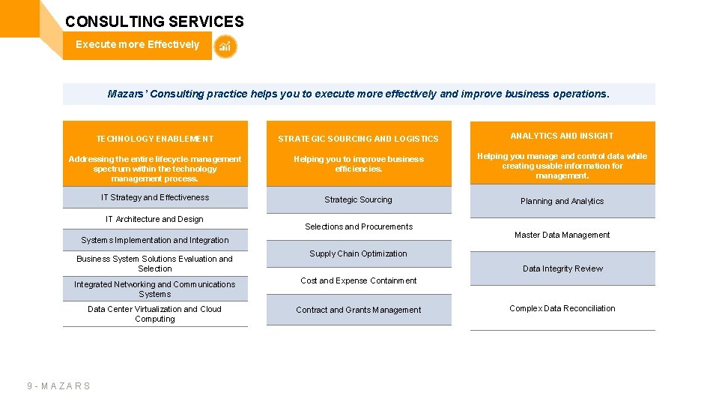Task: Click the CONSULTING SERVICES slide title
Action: click(x=154, y=22)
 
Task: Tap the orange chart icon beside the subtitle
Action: click(x=225, y=46)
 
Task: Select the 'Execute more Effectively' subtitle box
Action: click(x=137, y=45)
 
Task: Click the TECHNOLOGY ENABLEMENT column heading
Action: click(x=155, y=139)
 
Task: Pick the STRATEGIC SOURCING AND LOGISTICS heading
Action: click(x=358, y=139)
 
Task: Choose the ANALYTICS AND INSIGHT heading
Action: click(x=562, y=136)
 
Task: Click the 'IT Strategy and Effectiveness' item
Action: click(x=155, y=197)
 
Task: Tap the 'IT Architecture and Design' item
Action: click(x=154, y=219)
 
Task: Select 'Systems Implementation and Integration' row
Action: click(x=155, y=240)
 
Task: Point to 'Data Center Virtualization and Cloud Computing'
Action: click(x=154, y=313)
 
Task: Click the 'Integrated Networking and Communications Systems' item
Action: click(x=154, y=289)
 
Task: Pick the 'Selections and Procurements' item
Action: click(x=359, y=226)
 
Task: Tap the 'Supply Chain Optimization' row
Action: click(x=358, y=253)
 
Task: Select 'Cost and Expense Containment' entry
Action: click(x=359, y=280)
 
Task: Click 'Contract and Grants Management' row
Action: click(x=358, y=310)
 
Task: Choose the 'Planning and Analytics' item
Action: click(x=562, y=201)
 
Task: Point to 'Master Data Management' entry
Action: click(x=562, y=235)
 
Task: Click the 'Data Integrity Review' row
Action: click(x=562, y=268)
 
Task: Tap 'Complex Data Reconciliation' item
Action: click(x=562, y=308)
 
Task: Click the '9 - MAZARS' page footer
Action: click(x=58, y=386)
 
